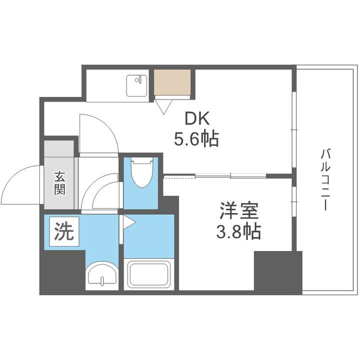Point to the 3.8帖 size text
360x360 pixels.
(238, 231)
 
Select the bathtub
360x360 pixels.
(149, 274)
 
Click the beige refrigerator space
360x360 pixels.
(172, 82)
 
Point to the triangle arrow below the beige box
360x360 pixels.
(164, 105)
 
